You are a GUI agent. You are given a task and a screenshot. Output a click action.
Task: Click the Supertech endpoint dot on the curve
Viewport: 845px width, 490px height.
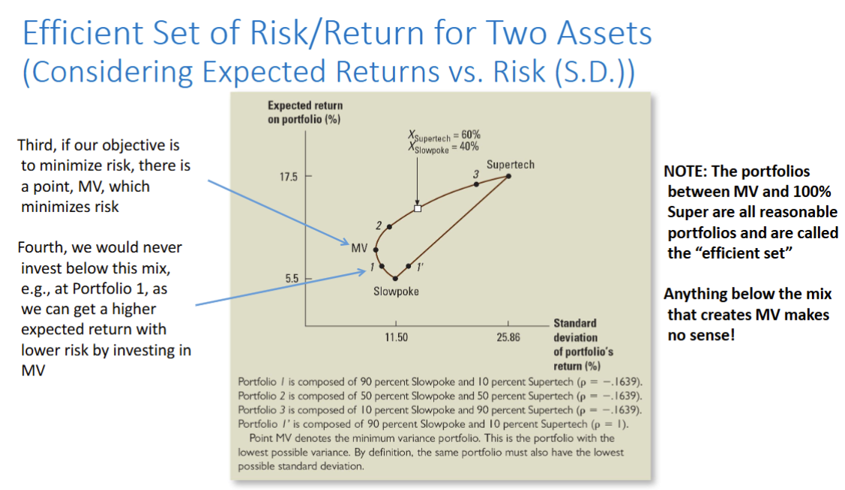click(508, 176)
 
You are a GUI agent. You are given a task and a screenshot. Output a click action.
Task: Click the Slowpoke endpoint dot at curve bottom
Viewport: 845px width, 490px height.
click(396, 278)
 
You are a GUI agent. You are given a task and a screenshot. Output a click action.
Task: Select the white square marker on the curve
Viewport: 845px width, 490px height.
click(418, 208)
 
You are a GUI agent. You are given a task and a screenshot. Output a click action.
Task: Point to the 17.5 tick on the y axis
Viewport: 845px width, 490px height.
click(289, 178)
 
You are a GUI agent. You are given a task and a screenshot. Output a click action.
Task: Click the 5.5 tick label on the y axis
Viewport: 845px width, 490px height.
click(292, 278)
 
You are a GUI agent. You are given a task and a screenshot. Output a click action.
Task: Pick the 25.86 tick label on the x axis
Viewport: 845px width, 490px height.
click(508, 338)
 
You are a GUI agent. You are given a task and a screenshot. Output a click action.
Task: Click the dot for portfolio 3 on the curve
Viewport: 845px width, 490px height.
click(476, 184)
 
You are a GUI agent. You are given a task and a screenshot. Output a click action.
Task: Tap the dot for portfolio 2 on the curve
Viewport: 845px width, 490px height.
click(389, 226)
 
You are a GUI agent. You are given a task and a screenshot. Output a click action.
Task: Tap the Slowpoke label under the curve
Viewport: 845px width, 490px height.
click(396, 291)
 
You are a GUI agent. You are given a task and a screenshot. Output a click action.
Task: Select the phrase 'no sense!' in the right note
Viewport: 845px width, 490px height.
click(701, 335)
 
